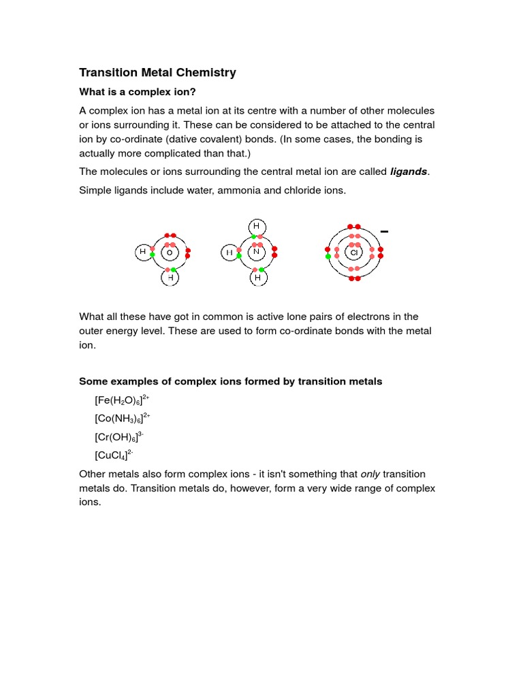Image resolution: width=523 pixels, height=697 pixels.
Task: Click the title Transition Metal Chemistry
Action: click(x=157, y=73)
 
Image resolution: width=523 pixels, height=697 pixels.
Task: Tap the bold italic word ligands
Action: click(x=408, y=172)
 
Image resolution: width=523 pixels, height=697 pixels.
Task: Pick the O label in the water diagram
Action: click(x=169, y=253)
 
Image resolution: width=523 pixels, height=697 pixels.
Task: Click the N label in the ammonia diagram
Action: click(x=257, y=252)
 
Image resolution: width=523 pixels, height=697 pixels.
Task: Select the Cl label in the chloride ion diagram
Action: click(x=353, y=253)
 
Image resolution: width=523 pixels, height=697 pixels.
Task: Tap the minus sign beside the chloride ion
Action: click(x=385, y=232)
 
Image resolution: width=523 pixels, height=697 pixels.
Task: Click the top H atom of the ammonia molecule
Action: click(x=257, y=226)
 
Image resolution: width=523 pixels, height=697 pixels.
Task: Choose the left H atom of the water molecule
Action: click(x=143, y=252)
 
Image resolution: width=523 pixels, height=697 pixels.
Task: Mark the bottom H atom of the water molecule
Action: click(x=170, y=278)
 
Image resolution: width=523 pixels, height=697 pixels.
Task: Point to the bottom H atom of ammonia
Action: click(x=257, y=278)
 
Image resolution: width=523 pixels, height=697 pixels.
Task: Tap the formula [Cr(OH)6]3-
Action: click(x=119, y=436)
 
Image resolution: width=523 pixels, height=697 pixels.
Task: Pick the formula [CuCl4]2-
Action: click(x=114, y=455)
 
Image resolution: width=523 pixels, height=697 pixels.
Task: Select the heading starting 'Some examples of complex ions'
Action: click(x=231, y=381)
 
